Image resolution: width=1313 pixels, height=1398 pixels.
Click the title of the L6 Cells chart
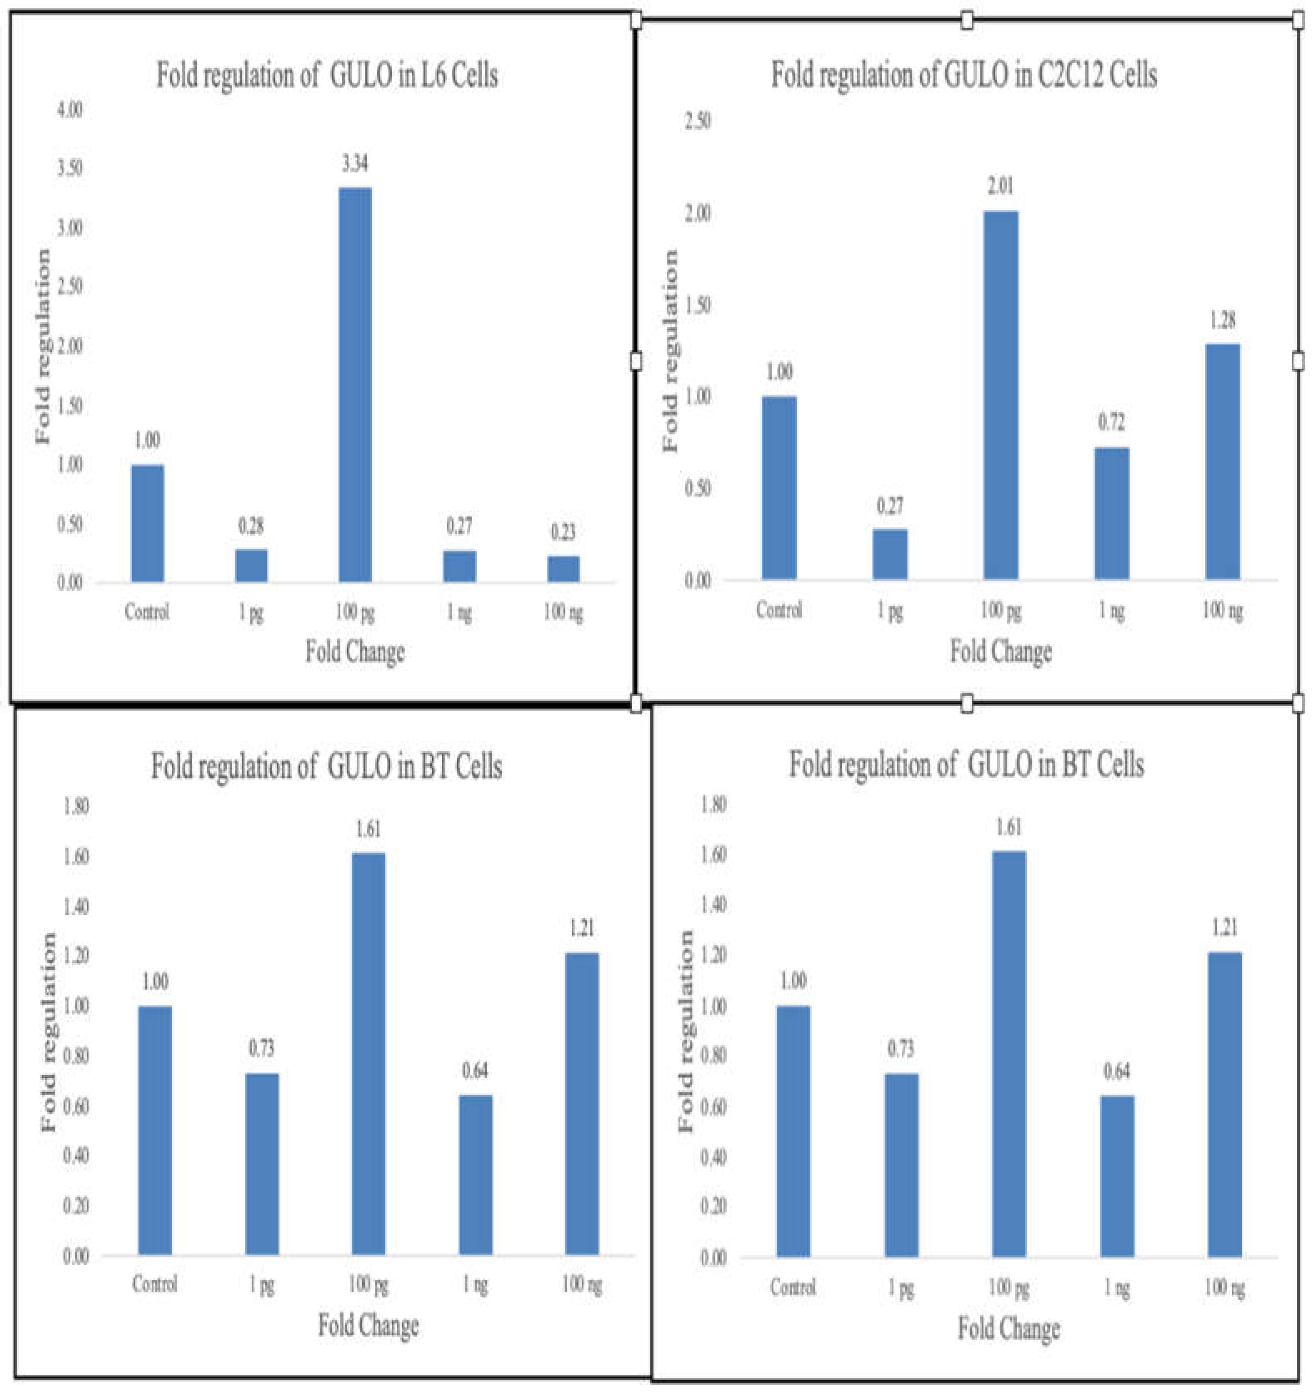tap(327, 76)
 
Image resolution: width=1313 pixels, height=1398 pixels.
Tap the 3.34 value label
tap(355, 164)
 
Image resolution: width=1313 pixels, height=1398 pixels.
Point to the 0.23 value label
tap(563, 532)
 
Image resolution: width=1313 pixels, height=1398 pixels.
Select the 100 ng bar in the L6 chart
tap(563, 569)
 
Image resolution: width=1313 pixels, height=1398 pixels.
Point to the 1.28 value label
tap(1222, 321)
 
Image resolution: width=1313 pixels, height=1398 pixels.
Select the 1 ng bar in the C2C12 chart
tap(1112, 513)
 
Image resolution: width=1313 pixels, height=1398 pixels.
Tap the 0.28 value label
tap(251, 526)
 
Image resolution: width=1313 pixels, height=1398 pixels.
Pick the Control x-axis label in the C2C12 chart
tap(779, 609)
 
